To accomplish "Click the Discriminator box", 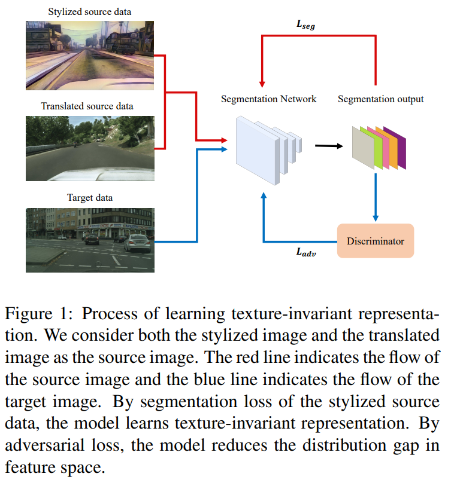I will (376, 241).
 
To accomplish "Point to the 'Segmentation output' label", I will (380, 99).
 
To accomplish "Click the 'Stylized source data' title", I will (89, 11).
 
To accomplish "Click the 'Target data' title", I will (89, 197).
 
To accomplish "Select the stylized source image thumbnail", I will (89, 54).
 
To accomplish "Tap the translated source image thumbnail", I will (89, 148).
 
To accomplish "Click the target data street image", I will (89, 240).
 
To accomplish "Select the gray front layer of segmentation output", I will (363, 147).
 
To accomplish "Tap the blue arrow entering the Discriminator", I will (376, 197).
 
